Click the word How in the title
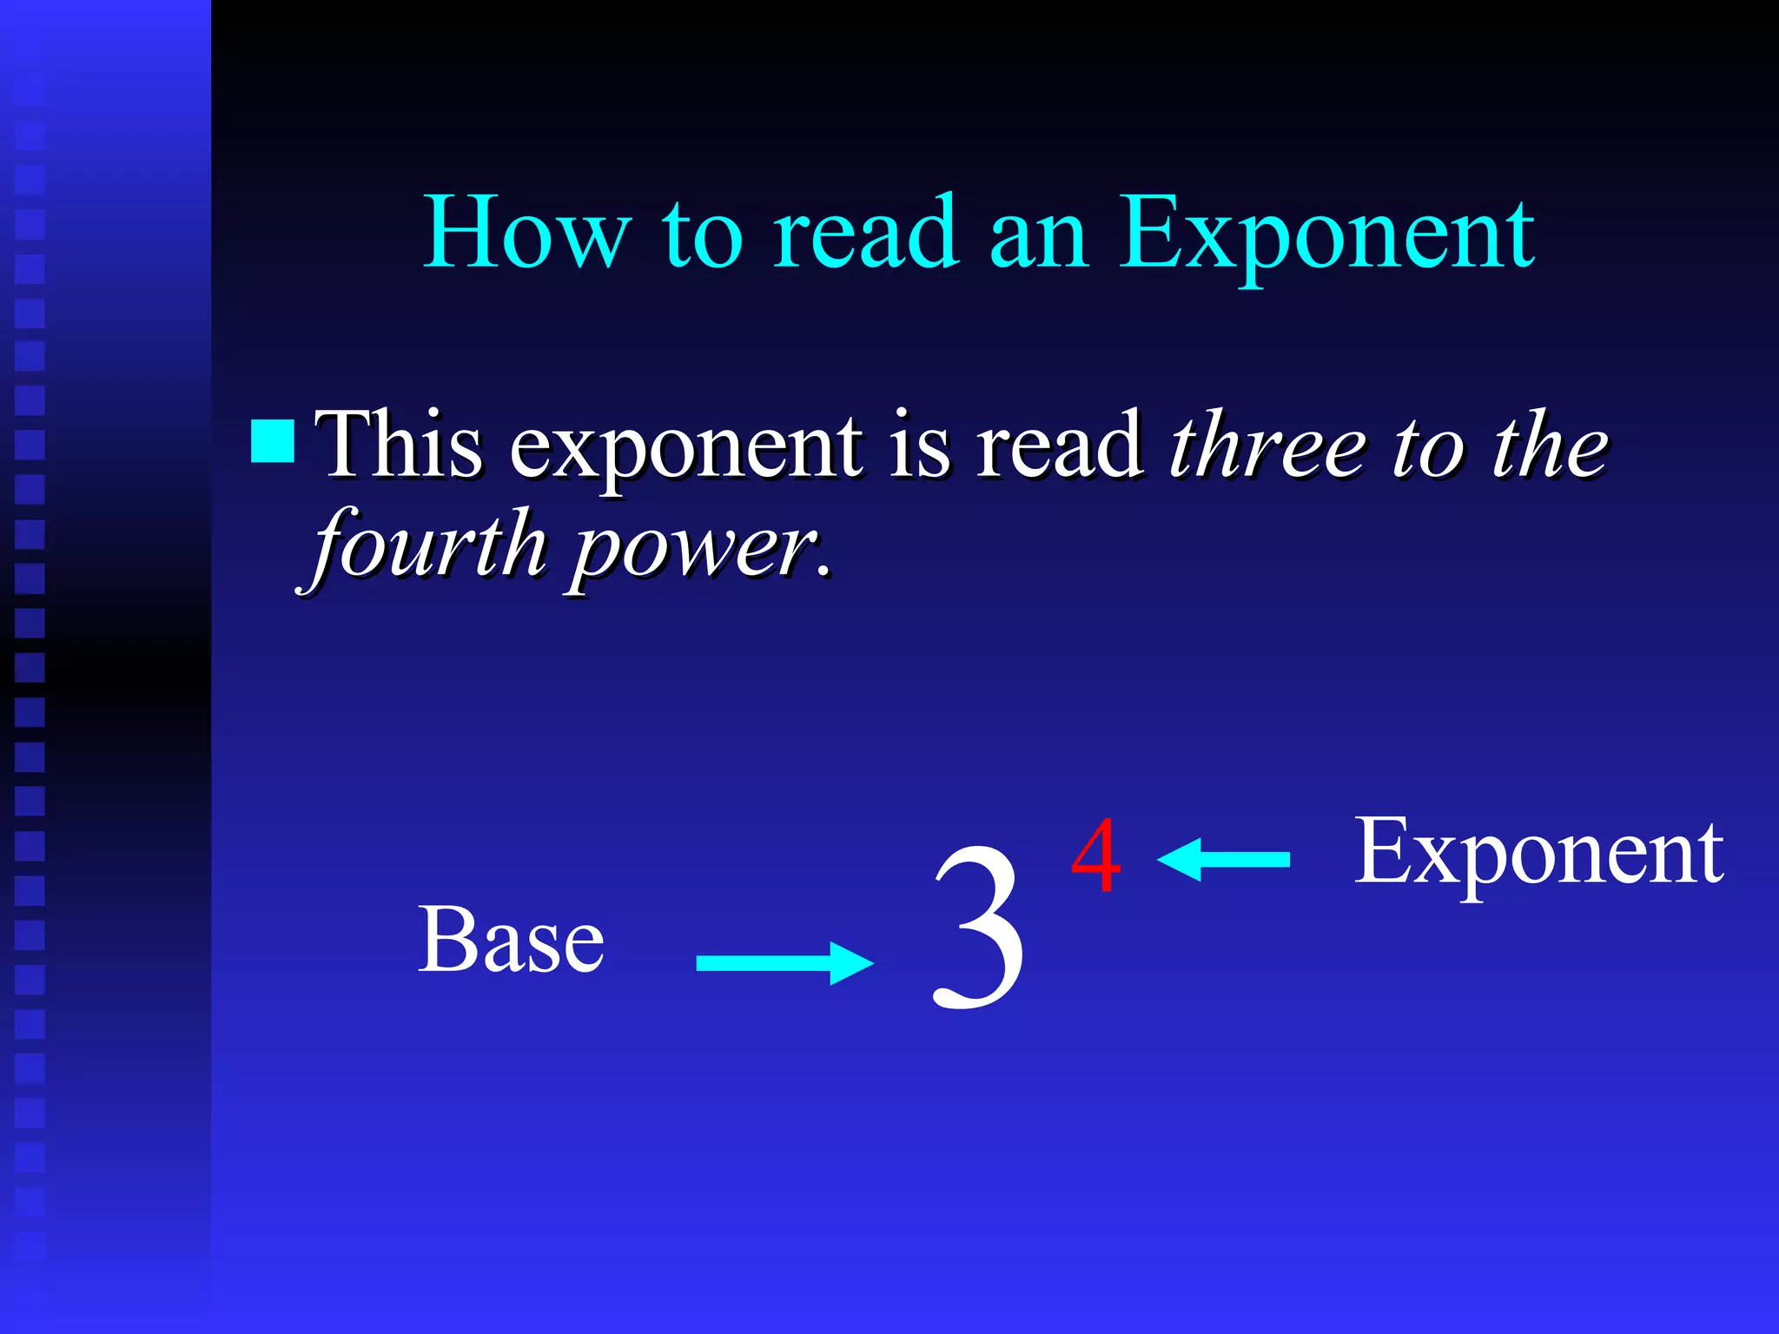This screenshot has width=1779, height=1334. pos(526,233)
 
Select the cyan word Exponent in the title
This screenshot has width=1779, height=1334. pos(1326,234)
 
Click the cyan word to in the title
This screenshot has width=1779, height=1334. pos(703,234)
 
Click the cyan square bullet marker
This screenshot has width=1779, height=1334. pos(272,441)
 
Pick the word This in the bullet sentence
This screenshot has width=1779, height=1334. pos(399,445)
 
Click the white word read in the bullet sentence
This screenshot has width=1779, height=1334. pos(1059,445)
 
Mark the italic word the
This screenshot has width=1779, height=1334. pos(1551,445)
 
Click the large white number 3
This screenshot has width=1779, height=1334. pos(979,927)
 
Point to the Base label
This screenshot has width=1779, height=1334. pos(511,940)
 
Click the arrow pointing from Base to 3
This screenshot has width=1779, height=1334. pos(784,963)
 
